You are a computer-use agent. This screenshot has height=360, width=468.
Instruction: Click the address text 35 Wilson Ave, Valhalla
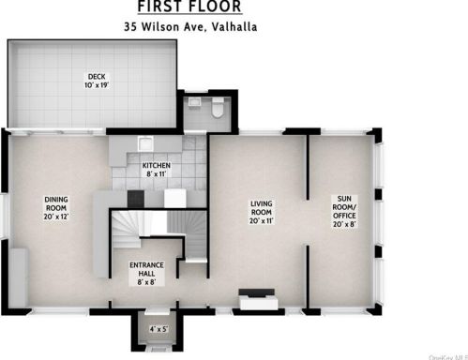[x=190, y=27]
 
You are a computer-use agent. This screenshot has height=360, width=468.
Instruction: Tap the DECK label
[x=96, y=77]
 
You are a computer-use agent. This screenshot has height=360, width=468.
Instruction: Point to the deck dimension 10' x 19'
[x=96, y=86]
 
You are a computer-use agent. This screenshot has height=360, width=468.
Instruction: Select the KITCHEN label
[x=157, y=165]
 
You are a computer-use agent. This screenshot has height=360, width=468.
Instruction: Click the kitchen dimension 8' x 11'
[x=157, y=174]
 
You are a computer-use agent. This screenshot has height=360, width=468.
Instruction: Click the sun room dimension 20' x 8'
[x=347, y=222]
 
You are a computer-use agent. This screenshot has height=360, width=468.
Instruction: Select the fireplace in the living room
[x=255, y=300]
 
